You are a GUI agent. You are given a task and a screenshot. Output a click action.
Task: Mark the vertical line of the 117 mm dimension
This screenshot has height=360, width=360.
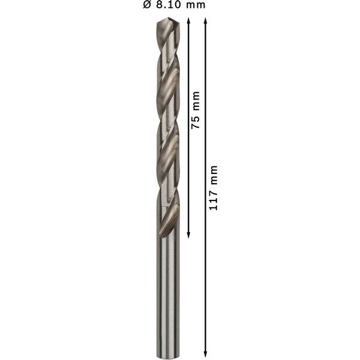click(206, 270)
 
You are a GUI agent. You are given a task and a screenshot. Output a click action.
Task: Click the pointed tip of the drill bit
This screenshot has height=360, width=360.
click(166, 19)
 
